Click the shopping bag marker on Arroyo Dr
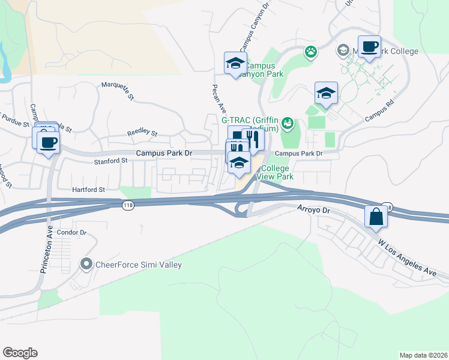coord(375,217)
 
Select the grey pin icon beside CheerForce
coord(86,264)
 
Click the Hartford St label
coord(89,189)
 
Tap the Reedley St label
coord(142,133)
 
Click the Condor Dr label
coord(71,232)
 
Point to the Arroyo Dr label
coord(314,210)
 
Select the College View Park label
coord(275,172)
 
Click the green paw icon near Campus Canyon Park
coord(310,52)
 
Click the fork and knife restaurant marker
coord(253,139)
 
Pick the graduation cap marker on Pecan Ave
coord(235,63)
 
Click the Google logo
coord(20,353)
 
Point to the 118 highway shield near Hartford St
coord(130,205)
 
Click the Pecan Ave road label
coord(218,98)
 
